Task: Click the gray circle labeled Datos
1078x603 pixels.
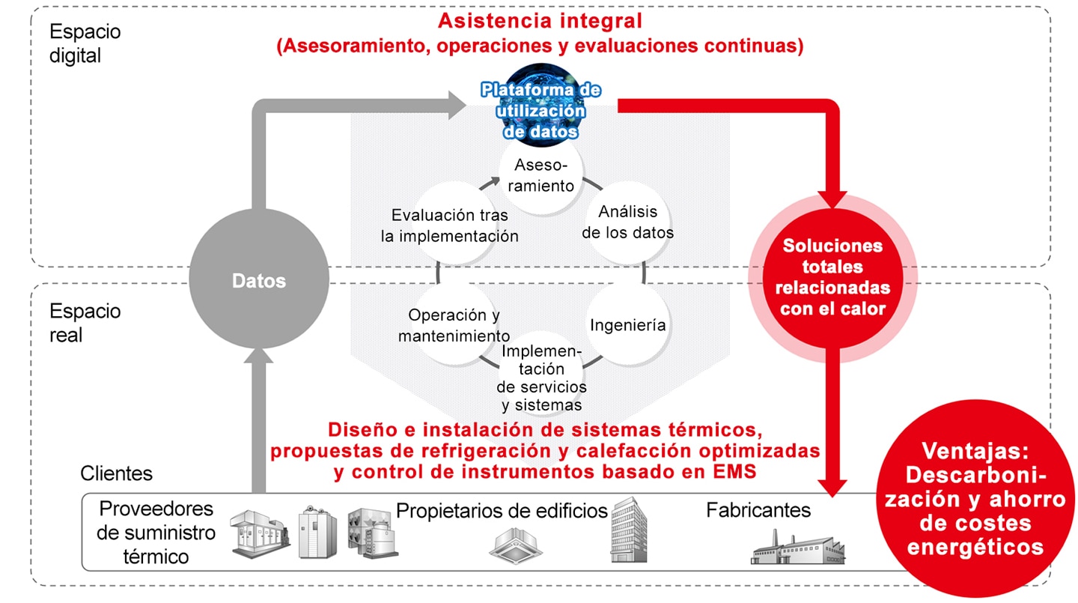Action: tap(259, 279)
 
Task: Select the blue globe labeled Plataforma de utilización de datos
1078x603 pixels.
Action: tap(540, 105)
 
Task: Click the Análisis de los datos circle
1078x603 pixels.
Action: tap(627, 222)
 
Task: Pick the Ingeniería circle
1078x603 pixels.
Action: tap(627, 324)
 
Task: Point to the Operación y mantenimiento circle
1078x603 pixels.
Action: tap(454, 324)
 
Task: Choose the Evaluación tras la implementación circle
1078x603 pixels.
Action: tap(454, 223)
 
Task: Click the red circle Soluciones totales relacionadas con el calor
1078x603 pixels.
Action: tap(832, 278)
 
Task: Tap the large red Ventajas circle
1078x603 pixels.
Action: tap(975, 498)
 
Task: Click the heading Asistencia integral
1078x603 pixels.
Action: tap(540, 21)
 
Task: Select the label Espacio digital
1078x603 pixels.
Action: tap(85, 43)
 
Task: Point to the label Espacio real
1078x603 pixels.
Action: tap(85, 323)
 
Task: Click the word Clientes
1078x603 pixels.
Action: tap(117, 473)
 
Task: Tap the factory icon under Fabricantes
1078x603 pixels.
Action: tap(798, 546)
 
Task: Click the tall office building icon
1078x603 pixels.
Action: tap(629, 530)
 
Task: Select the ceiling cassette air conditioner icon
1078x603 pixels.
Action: tap(515, 545)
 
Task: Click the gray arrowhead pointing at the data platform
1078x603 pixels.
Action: tap(457, 105)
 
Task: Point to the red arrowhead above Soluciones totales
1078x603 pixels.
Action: tap(832, 199)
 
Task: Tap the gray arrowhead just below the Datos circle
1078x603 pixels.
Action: tap(259, 356)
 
